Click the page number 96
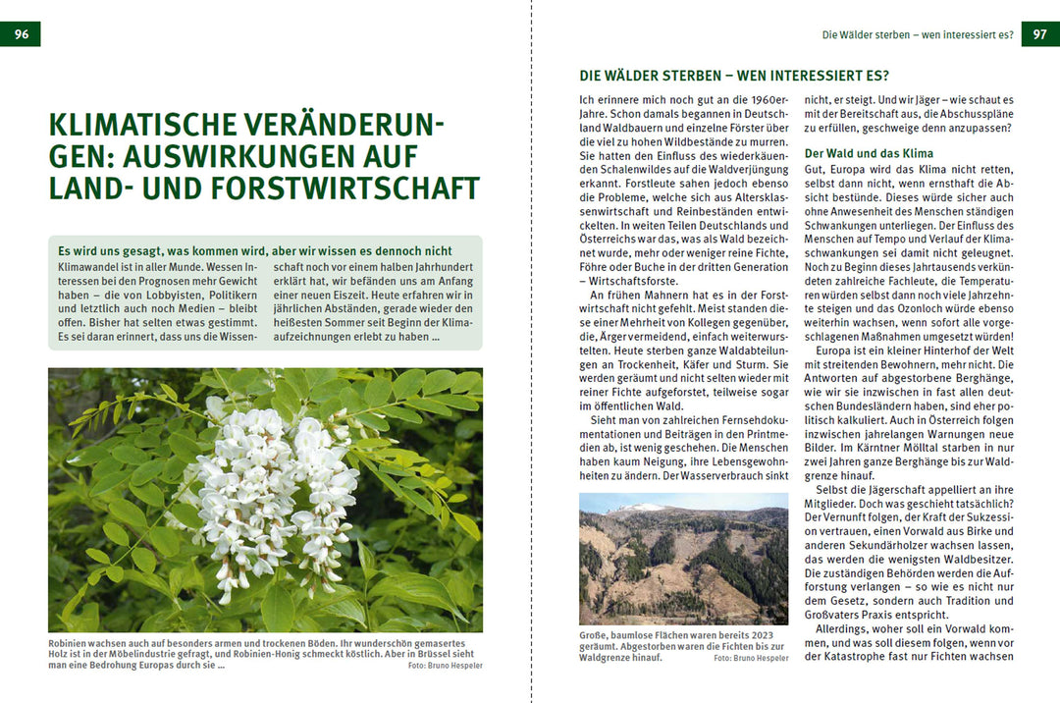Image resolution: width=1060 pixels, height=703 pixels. click(x=21, y=34)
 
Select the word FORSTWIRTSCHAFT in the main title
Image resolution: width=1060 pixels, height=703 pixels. click(x=362, y=188)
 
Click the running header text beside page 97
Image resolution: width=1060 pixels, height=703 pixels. click(x=918, y=35)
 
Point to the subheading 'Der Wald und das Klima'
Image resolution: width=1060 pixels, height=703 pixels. click(x=869, y=153)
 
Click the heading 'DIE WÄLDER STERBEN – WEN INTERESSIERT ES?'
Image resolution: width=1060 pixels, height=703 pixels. click(x=734, y=76)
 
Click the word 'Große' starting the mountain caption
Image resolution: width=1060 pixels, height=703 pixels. click(x=594, y=635)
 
